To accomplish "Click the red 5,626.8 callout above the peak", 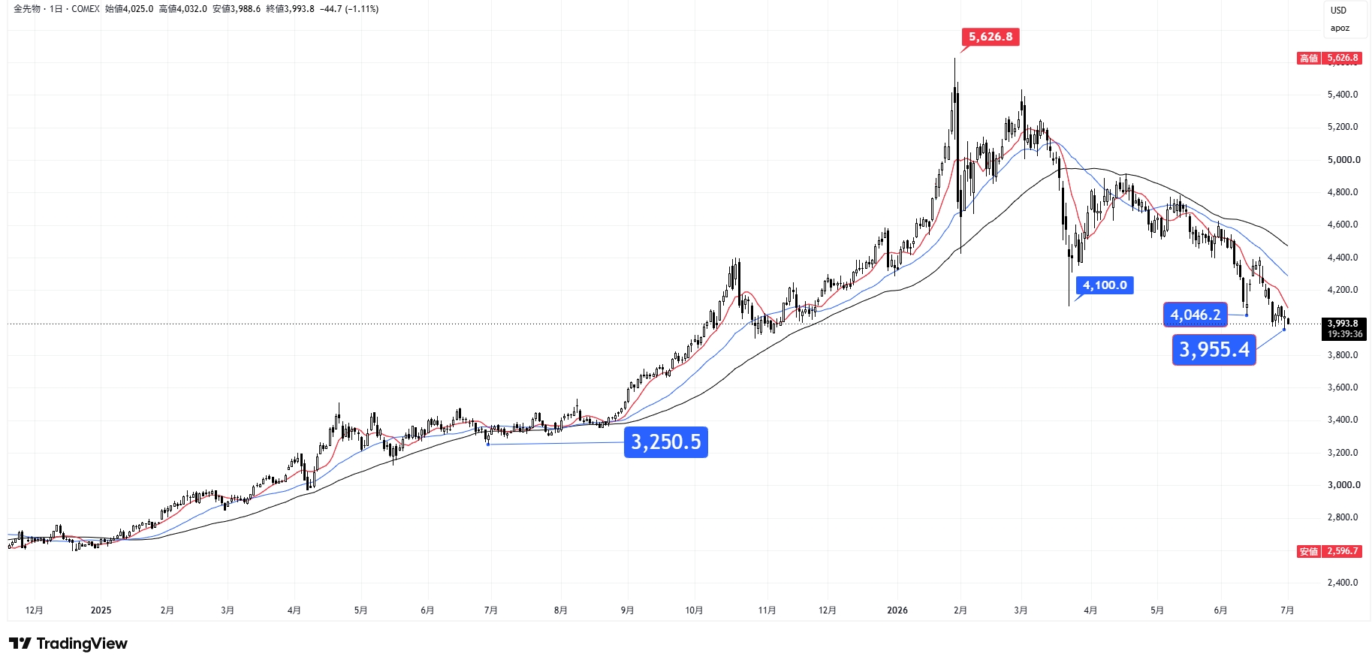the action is click(x=991, y=37).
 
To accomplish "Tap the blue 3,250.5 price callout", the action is click(x=666, y=442).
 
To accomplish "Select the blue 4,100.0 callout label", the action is click(x=1105, y=285).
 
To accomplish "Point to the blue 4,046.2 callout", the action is click(x=1196, y=315).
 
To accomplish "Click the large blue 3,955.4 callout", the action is click(x=1214, y=350).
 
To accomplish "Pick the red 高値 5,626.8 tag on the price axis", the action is click(x=1329, y=58).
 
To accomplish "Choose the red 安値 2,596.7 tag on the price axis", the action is click(x=1329, y=551).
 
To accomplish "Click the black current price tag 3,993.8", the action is click(x=1344, y=329).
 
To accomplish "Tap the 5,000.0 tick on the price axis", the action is click(x=1343, y=160).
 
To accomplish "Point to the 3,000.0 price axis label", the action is click(x=1343, y=485).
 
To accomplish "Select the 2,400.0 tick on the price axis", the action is click(x=1343, y=583).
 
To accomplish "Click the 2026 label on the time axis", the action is click(x=897, y=610).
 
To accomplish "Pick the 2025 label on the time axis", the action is click(x=101, y=610).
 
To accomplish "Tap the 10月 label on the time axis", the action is click(x=694, y=610).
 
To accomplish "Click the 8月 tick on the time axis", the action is click(x=560, y=610).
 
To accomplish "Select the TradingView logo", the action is click(x=68, y=643).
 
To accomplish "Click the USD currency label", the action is click(x=1338, y=11).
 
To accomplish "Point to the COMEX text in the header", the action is click(x=86, y=9).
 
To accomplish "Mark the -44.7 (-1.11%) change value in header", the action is click(x=348, y=9).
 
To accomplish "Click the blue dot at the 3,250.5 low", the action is click(x=488, y=445).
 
